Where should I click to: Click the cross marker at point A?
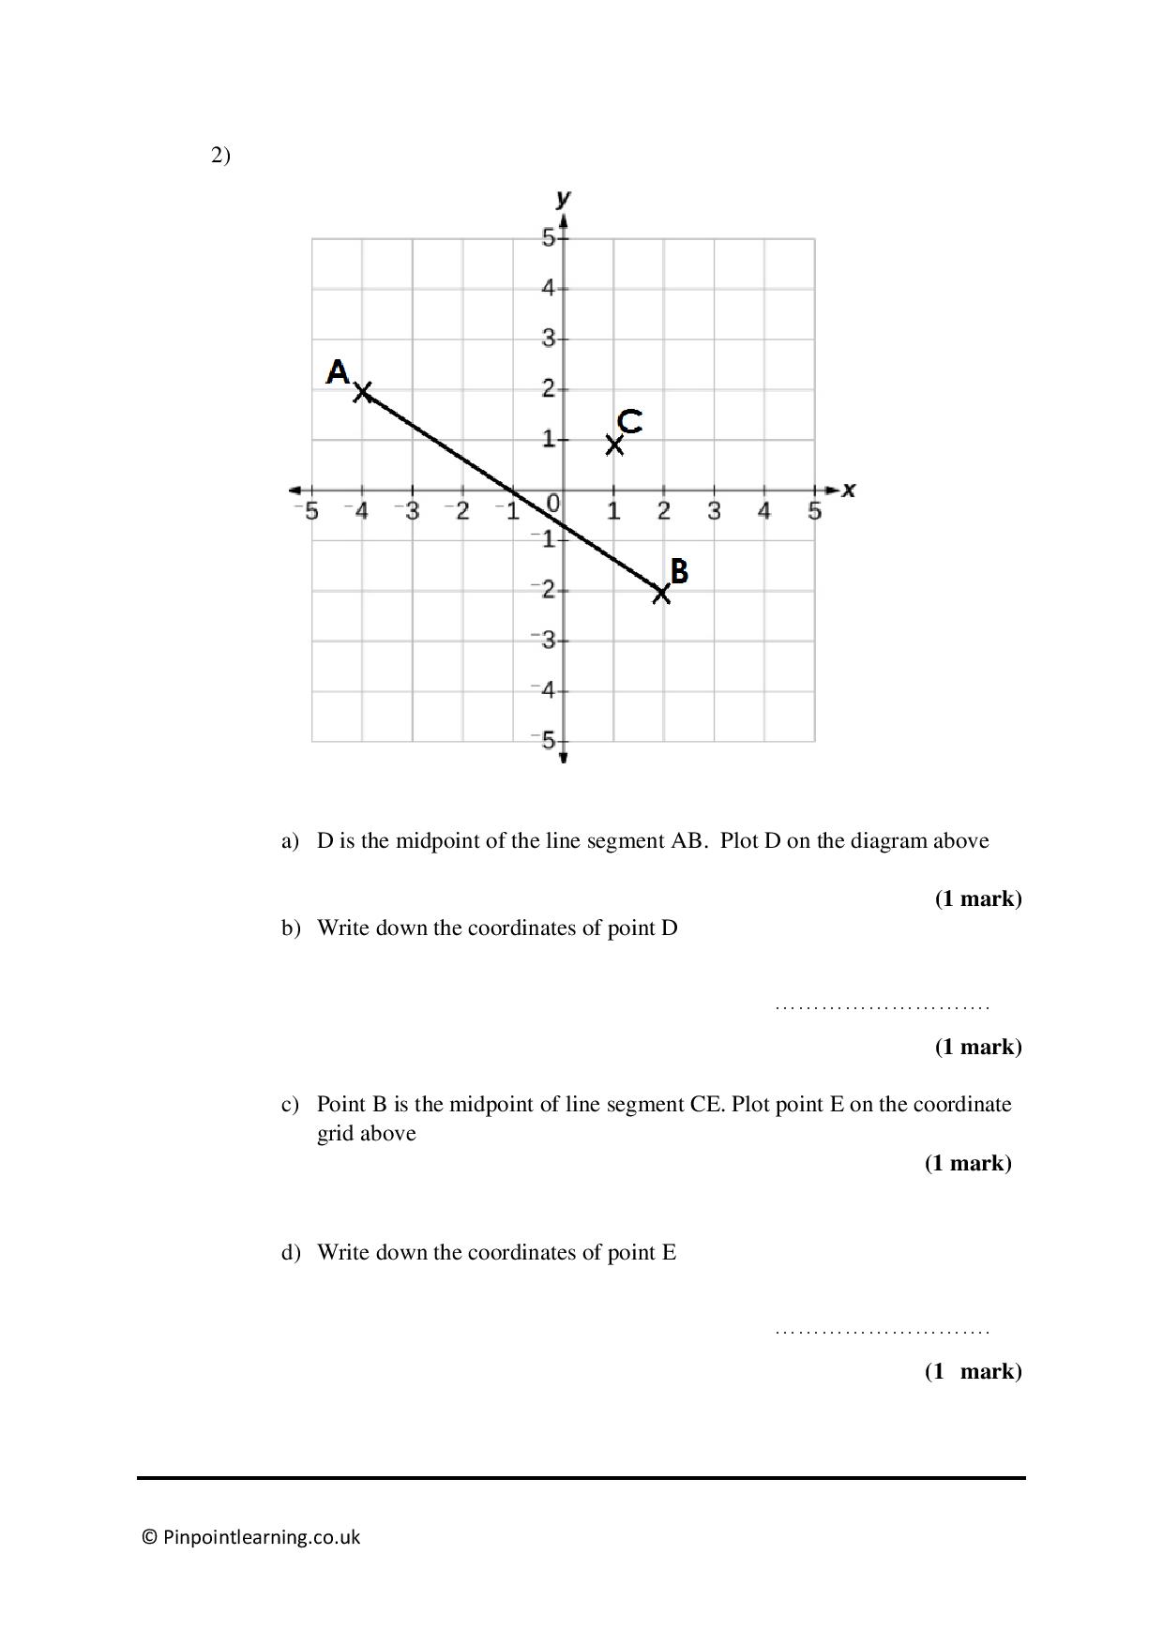pos(362,391)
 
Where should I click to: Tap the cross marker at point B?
pos(662,593)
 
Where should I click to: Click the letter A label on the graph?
pos(338,372)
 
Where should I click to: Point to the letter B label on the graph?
pos(679,571)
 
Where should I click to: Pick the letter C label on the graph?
pos(630,421)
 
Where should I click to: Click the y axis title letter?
pos(563,198)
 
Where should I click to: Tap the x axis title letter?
pos(849,490)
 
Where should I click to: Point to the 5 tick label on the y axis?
pos(548,238)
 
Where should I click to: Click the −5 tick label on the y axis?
pos(544,741)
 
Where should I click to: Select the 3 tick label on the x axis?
pos(714,512)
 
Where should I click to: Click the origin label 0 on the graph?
pos(553,505)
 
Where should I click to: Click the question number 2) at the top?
pos(220,156)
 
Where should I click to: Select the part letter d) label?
pos(291,1252)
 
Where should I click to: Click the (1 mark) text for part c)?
pos(968,1163)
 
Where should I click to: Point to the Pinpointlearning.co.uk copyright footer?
pos(251,1537)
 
